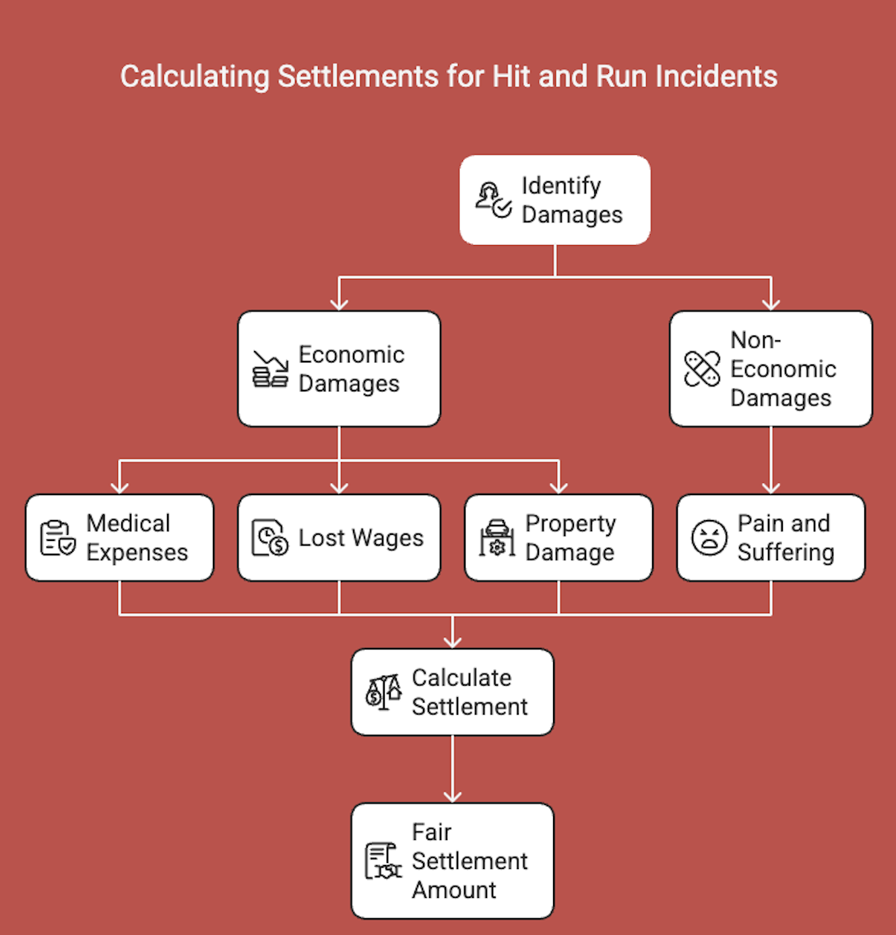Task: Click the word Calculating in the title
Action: coord(195,77)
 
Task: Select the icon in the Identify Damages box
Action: coord(493,200)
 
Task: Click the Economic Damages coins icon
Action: coord(270,369)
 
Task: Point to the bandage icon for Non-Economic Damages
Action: coord(702,369)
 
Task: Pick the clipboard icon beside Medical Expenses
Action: coord(57,538)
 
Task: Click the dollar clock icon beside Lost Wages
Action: coord(269,538)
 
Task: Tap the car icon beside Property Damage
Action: coord(497,538)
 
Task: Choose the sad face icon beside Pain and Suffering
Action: coord(709,538)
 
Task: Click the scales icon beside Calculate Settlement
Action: coord(383,692)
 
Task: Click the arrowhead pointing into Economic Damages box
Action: coord(339,304)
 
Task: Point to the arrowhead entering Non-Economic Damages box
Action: coord(771,304)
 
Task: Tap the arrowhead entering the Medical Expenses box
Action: coord(119,487)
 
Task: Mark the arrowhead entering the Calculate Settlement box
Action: coord(452,641)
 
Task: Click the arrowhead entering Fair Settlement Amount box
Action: coord(452,796)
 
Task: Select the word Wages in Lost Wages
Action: coord(388,538)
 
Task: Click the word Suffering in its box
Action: coord(786,553)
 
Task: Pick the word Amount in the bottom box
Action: coord(454,891)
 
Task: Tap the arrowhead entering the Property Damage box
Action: coord(558,487)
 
